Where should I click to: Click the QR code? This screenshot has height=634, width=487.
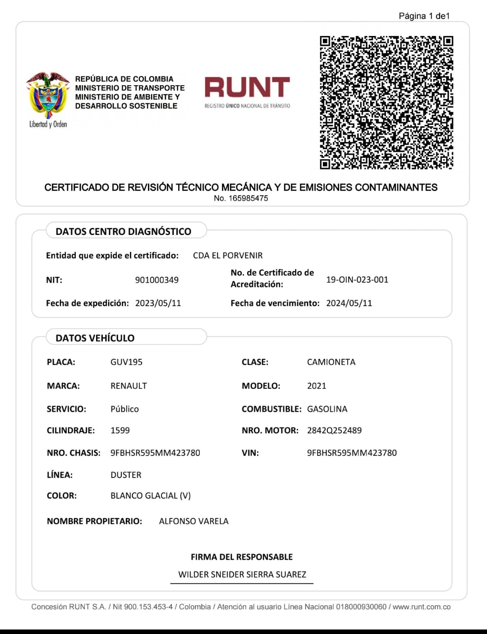(x=386, y=102)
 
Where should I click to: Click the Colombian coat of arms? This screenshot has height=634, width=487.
(x=48, y=95)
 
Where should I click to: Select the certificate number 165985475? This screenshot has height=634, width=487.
(x=248, y=198)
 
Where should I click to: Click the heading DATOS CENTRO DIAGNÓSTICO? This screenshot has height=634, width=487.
(x=123, y=231)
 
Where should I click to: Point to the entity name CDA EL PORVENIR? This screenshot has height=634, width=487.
(x=228, y=256)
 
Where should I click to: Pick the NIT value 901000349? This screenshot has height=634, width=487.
(x=157, y=280)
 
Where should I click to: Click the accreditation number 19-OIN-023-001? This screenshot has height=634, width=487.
(x=357, y=280)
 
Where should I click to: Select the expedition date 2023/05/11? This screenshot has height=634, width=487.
(x=158, y=303)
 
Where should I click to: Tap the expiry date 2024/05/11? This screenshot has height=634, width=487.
(x=349, y=303)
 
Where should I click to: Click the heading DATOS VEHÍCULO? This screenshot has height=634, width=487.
(x=95, y=338)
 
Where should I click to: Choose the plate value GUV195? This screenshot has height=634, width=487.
(x=126, y=362)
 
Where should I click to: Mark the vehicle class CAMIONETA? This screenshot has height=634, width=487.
(x=331, y=362)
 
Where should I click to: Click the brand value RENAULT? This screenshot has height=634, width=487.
(x=129, y=386)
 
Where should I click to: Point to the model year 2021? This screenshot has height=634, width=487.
(x=317, y=386)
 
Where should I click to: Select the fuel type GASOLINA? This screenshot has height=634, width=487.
(x=327, y=409)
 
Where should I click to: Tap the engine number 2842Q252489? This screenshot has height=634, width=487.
(x=334, y=431)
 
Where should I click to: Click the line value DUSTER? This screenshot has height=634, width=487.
(x=126, y=475)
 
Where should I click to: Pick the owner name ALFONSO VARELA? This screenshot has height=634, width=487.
(x=194, y=521)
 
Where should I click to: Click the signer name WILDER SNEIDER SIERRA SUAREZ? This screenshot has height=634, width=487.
(x=242, y=574)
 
